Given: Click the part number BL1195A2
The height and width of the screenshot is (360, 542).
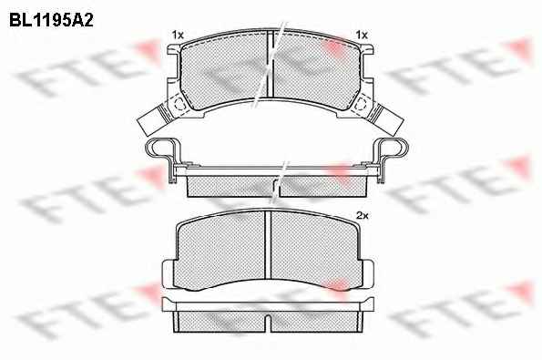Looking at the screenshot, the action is tap(51, 21).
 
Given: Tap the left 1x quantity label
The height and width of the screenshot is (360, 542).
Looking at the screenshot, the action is tap(178, 35).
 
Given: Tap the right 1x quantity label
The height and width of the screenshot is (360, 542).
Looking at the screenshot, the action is tap(362, 35).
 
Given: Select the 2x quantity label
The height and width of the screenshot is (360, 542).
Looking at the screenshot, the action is tap(363, 216).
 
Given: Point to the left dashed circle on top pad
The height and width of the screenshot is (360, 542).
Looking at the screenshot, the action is tap(179, 103).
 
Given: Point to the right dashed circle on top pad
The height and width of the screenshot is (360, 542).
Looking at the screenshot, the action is tap(361, 103).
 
